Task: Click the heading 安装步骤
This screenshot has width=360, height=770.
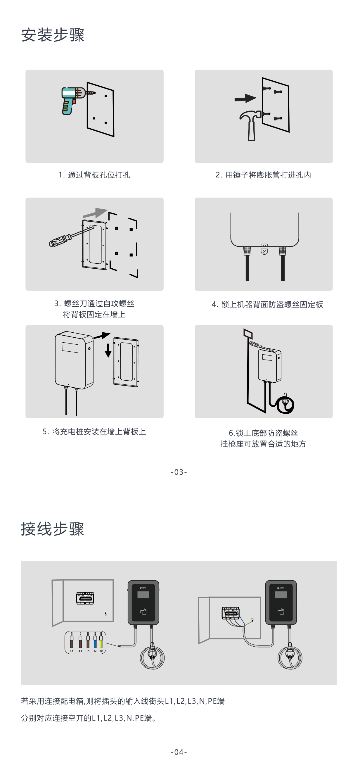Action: point(53,35)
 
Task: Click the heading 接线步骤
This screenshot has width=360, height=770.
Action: point(53,529)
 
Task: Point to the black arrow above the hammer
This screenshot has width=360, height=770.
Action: point(245,98)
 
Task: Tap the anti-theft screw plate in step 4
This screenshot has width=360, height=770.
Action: point(264,249)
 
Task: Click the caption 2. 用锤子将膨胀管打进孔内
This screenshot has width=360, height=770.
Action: point(263,175)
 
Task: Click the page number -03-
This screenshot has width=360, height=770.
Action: point(179,472)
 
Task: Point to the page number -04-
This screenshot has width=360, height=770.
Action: point(179,752)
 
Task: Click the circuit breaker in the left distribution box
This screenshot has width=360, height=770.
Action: point(85,598)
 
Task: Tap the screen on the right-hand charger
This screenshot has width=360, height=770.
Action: point(281,595)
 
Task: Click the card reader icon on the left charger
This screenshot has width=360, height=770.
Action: point(143,612)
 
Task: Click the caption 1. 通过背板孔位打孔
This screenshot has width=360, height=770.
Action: point(94,175)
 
